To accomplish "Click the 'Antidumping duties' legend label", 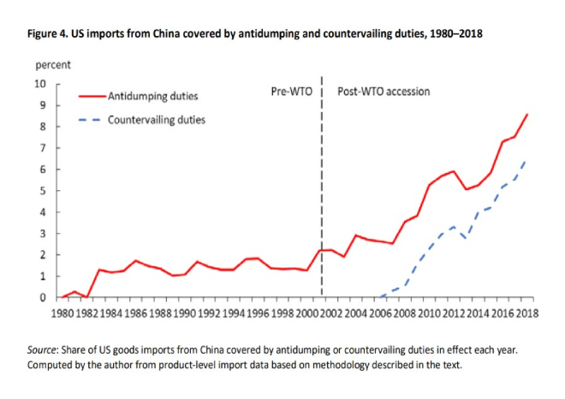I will point(151,97).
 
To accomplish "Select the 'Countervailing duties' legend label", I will point(156,120).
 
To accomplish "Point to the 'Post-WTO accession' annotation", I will point(384,91).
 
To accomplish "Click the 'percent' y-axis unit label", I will point(53,65).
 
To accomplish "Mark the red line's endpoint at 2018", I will point(527,114).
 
